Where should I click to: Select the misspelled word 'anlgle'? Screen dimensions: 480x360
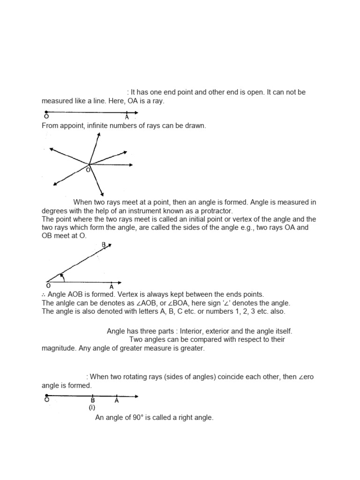(x=66, y=303)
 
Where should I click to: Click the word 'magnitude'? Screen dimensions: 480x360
(x=59, y=348)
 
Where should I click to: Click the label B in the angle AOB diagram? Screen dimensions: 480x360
(x=104, y=244)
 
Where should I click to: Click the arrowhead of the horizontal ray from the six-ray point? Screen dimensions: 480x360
(x=131, y=165)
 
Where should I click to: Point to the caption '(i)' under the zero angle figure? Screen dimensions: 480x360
(x=92, y=408)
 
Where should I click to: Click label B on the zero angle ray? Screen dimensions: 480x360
(x=93, y=400)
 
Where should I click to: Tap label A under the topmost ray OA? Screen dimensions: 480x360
(x=127, y=118)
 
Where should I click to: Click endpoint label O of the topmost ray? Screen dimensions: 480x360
(x=46, y=118)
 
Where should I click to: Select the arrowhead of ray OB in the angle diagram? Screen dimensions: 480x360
(x=108, y=247)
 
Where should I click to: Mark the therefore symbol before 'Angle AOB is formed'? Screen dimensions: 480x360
(x=44, y=294)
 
